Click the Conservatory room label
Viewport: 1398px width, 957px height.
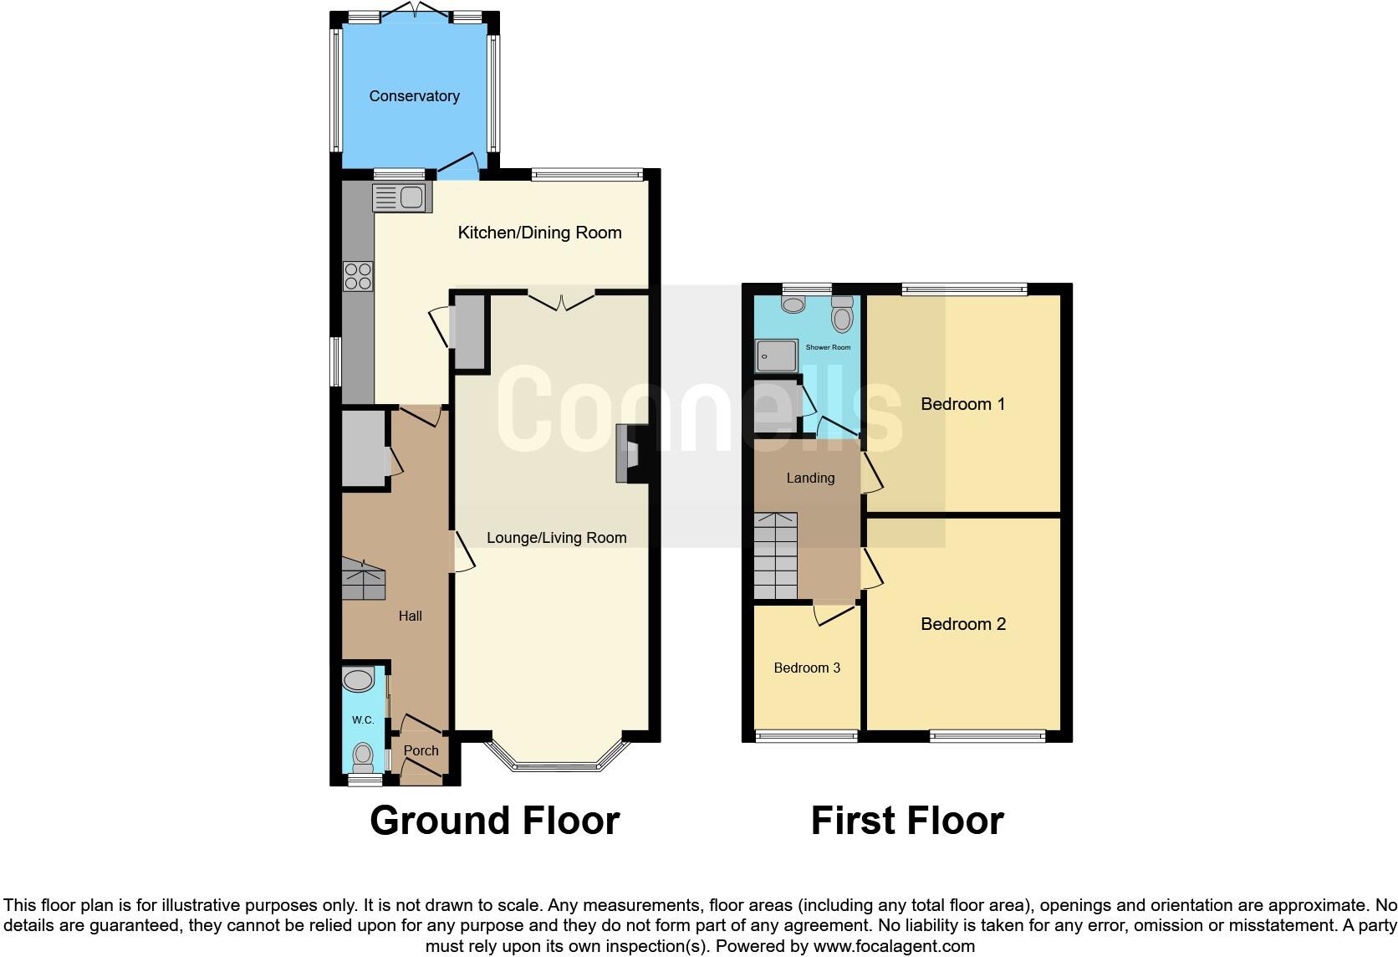(414, 96)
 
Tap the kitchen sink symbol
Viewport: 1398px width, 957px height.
(402, 198)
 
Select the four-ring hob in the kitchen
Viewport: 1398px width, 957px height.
(358, 276)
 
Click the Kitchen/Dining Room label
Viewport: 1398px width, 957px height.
(539, 233)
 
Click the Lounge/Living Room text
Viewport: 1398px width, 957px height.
(556, 538)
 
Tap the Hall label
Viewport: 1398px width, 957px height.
(410, 616)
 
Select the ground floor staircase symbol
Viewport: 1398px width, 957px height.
(363, 579)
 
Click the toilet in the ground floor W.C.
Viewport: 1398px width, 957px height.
(363, 755)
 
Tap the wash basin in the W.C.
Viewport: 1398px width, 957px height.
(360, 680)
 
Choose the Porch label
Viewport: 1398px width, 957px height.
(421, 750)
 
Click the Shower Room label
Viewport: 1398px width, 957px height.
(828, 347)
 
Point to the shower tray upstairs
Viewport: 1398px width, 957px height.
(776, 356)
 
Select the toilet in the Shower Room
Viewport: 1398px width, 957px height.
(842, 315)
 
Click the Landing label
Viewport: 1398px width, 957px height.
(810, 478)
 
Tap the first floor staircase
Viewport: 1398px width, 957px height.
(777, 556)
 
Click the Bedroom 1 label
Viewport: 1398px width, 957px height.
(962, 404)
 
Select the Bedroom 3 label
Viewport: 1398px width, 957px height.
(807, 668)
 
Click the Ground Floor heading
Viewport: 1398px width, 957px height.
(495, 821)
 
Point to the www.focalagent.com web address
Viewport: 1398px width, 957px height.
(894, 947)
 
